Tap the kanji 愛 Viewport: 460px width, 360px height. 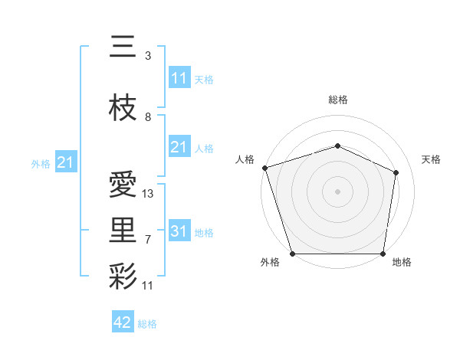click(x=123, y=185)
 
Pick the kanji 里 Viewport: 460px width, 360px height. click(x=123, y=230)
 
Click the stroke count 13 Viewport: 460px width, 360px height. click(x=148, y=194)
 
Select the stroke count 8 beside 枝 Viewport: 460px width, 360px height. click(x=148, y=117)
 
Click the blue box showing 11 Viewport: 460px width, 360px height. click(x=179, y=77)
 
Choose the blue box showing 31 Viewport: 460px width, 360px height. click(x=179, y=231)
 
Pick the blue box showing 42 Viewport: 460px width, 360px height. click(x=123, y=322)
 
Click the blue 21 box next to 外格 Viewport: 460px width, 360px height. click(x=66, y=162)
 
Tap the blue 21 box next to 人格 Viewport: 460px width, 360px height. click(x=179, y=146)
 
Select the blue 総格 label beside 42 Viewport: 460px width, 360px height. click(x=147, y=324)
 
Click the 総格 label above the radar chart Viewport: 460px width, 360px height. click(x=337, y=100)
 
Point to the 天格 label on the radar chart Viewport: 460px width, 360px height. click(x=431, y=159)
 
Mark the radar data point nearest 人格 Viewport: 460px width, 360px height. click(x=264, y=168)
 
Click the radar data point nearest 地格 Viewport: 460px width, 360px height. click(x=383, y=254)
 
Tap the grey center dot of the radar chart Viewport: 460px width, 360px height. click(x=337, y=191)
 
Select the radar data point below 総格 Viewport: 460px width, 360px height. click(x=337, y=146)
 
